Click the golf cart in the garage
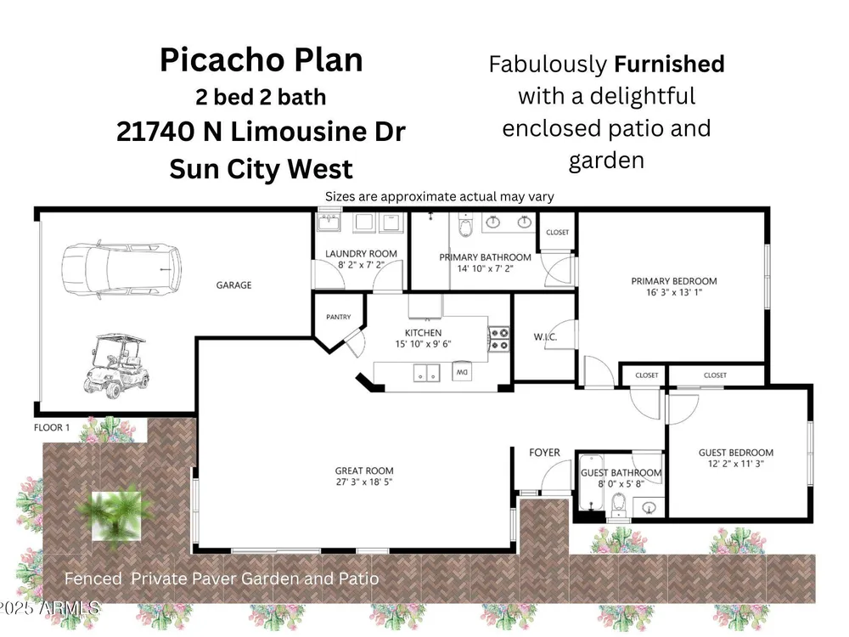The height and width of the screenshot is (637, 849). pos(115,365)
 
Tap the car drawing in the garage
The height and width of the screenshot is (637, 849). pos(121,269)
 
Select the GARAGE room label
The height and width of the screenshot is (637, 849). pos(234,285)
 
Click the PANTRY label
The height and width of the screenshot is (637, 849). pos(339,317)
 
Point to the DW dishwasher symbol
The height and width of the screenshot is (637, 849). pos(462,372)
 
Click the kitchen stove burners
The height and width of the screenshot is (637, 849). pos(499,339)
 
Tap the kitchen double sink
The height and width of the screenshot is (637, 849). pos(427,373)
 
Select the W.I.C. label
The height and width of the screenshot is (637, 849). pos(545,337)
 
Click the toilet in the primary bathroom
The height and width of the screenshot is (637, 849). pos(465,225)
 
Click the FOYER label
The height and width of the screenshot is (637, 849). pos(545,453)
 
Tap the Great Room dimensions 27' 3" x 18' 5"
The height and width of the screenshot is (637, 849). pos(364,482)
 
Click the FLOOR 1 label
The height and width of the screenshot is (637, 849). pos(52,427)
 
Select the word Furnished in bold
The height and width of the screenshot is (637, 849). pos(669,64)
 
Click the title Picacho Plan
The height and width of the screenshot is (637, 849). pos(261,59)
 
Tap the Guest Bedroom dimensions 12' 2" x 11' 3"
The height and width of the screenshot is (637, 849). pos(736,463)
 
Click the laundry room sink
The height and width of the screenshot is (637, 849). pos(329,223)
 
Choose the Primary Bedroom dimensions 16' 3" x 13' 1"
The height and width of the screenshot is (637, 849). pos(674,292)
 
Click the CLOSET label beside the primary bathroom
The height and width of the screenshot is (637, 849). pos(558,233)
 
